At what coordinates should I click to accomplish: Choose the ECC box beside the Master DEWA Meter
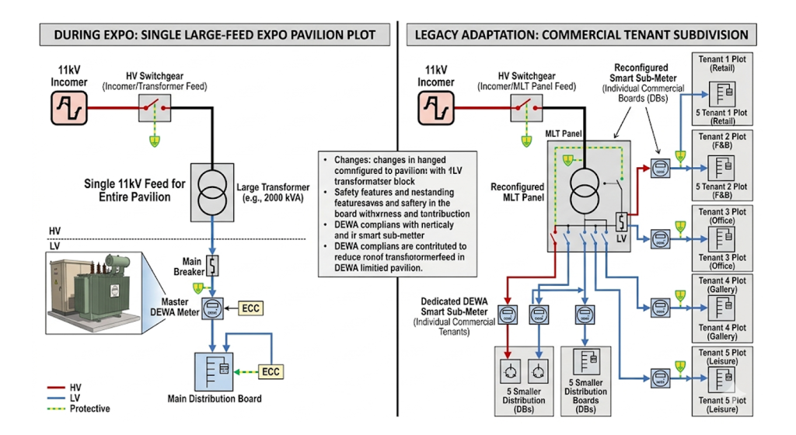click(x=251, y=308)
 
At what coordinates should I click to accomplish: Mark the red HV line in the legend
click(x=48, y=386)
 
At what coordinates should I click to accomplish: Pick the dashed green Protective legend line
click(x=48, y=409)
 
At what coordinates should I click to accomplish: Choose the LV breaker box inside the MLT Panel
click(x=622, y=223)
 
